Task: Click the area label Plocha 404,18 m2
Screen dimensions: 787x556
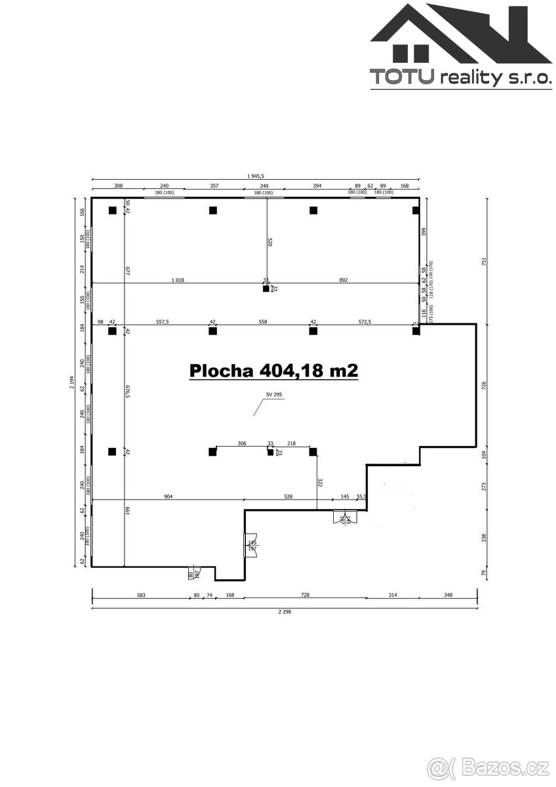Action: click(273, 371)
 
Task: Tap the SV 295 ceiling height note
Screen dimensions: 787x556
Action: click(273, 395)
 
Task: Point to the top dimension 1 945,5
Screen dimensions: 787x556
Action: click(255, 175)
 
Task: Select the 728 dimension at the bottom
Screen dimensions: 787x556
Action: click(305, 595)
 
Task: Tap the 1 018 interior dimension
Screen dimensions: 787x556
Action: click(177, 280)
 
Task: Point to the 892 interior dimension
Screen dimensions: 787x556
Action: click(344, 280)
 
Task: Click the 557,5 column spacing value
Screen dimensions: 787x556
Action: click(162, 322)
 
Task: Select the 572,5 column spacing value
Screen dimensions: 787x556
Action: click(365, 322)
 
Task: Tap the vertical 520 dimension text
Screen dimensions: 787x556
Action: click(269, 241)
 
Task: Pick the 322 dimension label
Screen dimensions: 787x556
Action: click(319, 482)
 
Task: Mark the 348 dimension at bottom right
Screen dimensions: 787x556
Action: click(448, 595)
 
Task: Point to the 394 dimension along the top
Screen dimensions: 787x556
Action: click(317, 186)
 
